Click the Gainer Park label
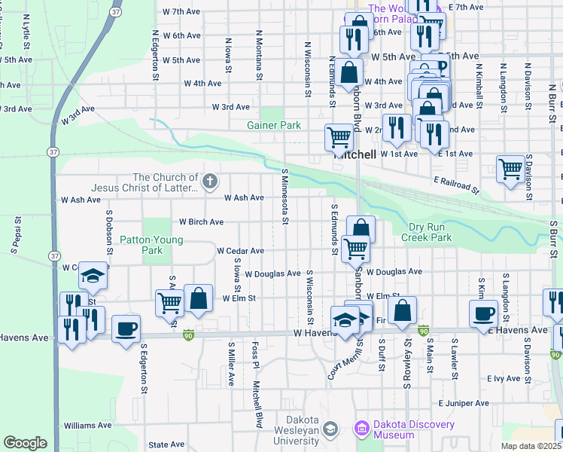pyautogui.click(x=274, y=125)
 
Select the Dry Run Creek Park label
pyautogui.click(x=420, y=232)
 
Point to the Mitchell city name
pyautogui.click(x=355, y=154)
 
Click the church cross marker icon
pyautogui.click(x=210, y=180)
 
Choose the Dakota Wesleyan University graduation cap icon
pyautogui.click(x=329, y=429)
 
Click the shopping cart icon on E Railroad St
pyautogui.click(x=510, y=169)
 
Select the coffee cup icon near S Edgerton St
pyautogui.click(x=126, y=328)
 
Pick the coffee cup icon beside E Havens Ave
pyautogui.click(x=482, y=313)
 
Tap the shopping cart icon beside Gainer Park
pyautogui.click(x=339, y=137)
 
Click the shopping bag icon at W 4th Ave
pyautogui.click(x=348, y=72)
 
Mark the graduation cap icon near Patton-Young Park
pyautogui.click(x=93, y=275)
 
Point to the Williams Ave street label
pyautogui.click(x=88, y=426)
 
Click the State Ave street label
pyautogui.click(x=166, y=445)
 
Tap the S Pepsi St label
pyautogui.click(x=15, y=234)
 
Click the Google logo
pyautogui.click(x=25, y=443)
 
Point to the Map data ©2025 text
pyautogui.click(x=531, y=447)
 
